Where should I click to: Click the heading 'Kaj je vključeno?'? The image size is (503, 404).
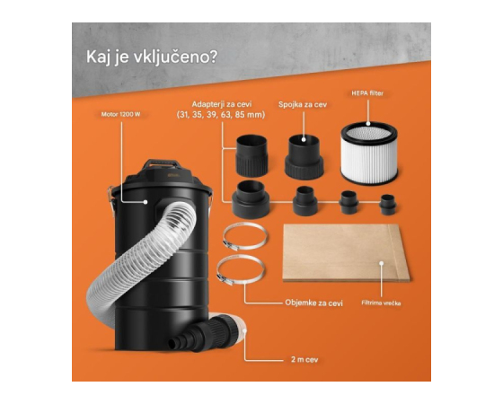click(152, 57)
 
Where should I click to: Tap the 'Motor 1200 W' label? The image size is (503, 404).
click(120, 114)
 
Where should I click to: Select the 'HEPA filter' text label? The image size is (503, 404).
click(367, 93)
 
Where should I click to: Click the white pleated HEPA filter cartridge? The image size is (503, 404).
click(369, 153)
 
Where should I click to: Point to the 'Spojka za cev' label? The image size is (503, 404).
click(303, 104)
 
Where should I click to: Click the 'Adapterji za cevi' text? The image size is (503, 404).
click(222, 104)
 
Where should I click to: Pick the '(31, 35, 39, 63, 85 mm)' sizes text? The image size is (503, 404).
click(221, 115)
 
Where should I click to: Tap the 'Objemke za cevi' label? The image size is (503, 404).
click(313, 303)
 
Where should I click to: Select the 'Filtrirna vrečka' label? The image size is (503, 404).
click(381, 303)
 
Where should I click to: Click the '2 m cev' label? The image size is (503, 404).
click(304, 359)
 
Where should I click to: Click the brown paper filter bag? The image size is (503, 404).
click(346, 253)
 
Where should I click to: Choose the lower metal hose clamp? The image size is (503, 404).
click(241, 270)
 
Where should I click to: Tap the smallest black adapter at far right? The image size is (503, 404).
click(388, 205)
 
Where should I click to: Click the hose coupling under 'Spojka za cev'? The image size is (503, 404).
click(304, 157)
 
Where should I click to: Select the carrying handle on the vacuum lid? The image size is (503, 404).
click(161, 163)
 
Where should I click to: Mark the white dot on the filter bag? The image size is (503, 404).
click(382, 263)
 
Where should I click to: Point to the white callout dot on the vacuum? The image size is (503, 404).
click(146, 202)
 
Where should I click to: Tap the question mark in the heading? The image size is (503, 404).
click(213, 57)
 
